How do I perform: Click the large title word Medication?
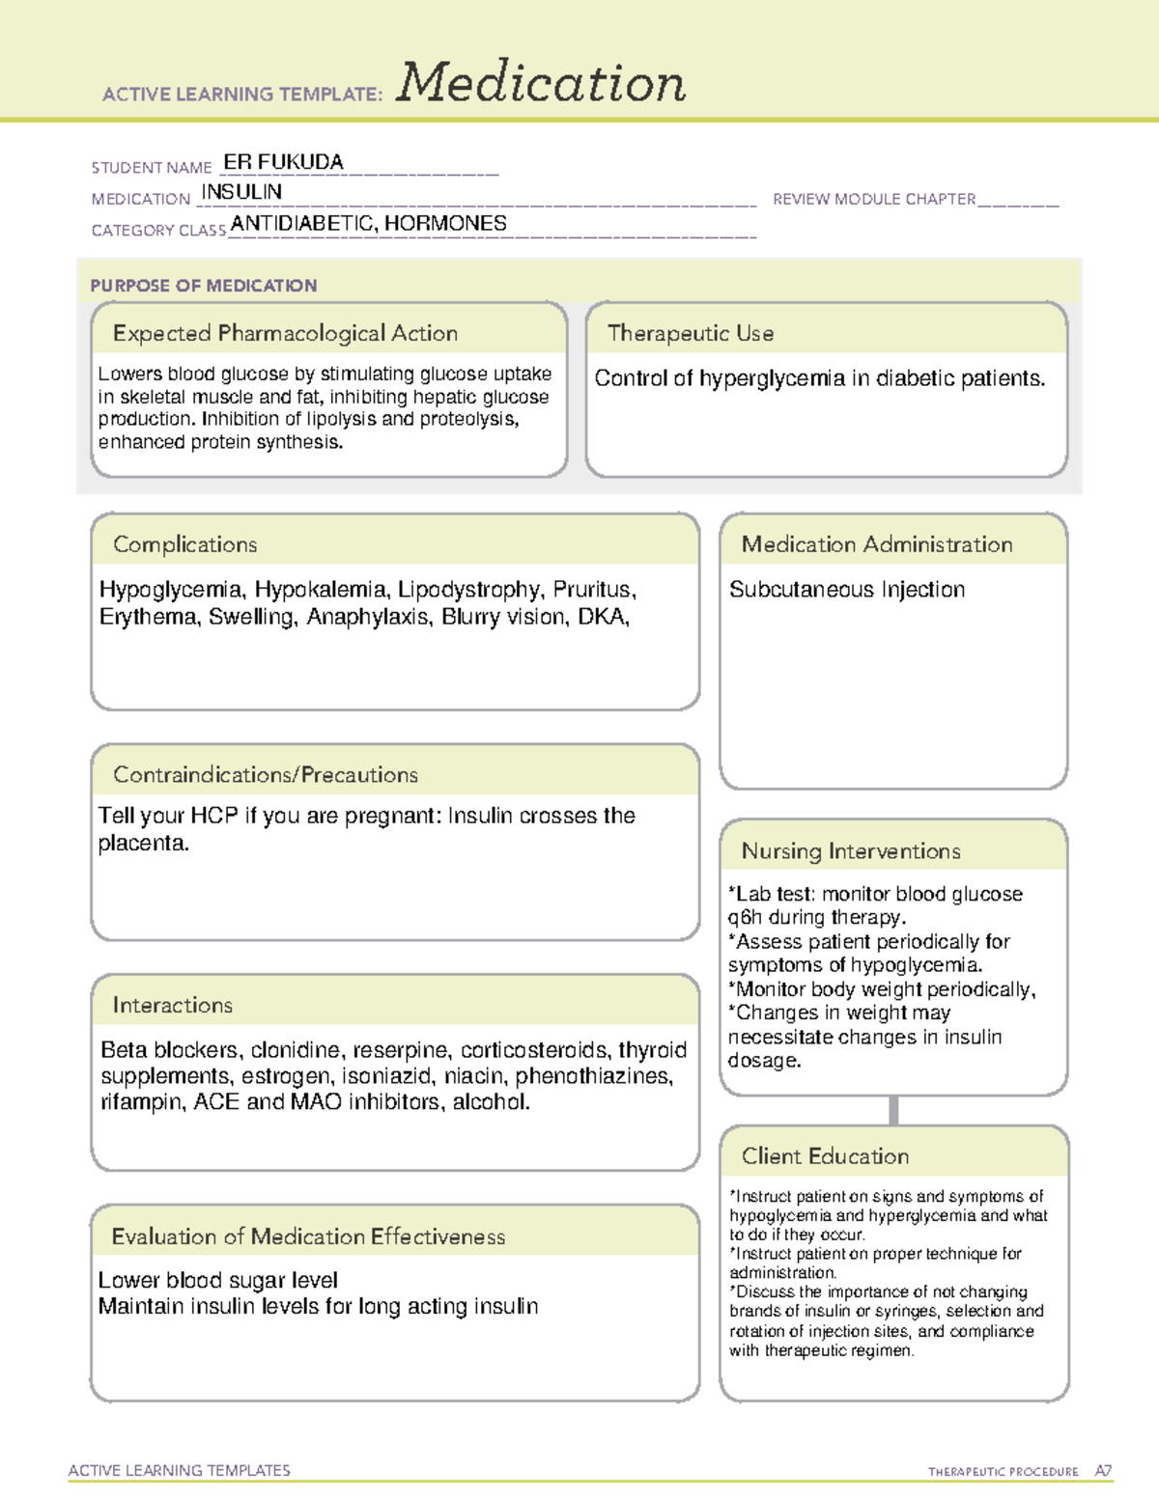click(541, 83)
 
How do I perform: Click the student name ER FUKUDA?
click(283, 162)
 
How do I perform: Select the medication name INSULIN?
click(241, 192)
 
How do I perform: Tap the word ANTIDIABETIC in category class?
click(302, 224)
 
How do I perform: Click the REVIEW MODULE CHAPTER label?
click(874, 199)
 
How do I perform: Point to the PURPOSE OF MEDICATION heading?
click(203, 286)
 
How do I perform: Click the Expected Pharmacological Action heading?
click(285, 333)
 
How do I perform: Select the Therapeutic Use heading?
click(690, 333)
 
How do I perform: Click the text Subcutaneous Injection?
click(847, 590)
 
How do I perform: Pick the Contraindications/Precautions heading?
click(265, 775)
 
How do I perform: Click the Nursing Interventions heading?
click(851, 851)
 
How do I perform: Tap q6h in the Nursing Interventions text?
click(745, 917)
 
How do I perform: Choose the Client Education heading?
click(825, 1156)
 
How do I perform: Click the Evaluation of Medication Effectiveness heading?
click(308, 1236)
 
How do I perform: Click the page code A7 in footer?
click(1103, 1471)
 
